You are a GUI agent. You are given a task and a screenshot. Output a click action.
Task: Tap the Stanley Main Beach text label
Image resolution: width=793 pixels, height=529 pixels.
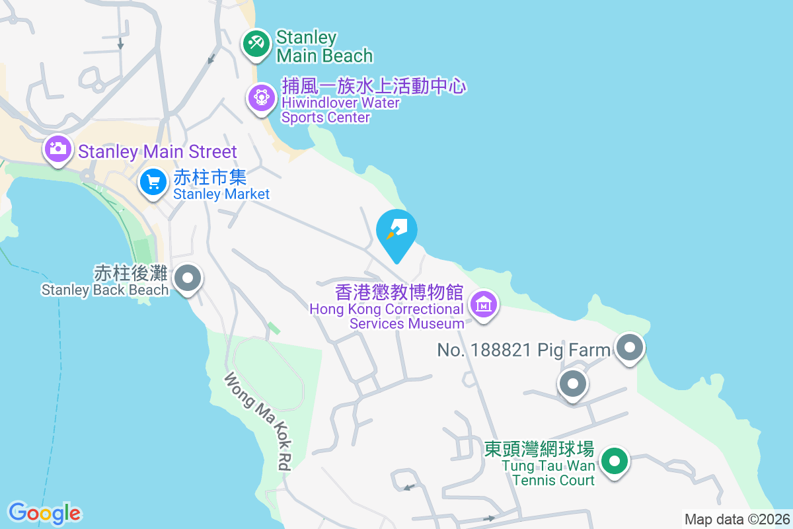pos(324,46)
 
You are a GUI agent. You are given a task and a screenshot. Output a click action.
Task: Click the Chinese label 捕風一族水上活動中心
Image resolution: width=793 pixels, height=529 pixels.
pos(374,86)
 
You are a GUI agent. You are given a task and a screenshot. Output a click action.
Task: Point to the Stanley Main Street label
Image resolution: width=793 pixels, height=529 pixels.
pos(157,151)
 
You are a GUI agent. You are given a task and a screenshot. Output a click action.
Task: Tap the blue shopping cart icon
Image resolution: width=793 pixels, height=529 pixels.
pos(153,181)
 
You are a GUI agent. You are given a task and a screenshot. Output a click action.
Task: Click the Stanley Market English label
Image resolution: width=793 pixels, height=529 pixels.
pos(221,194)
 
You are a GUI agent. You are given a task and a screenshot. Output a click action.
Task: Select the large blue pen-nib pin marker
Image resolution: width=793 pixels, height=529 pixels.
pos(397,231)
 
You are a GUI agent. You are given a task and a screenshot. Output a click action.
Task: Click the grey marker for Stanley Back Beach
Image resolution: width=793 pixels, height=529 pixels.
pos(188,278)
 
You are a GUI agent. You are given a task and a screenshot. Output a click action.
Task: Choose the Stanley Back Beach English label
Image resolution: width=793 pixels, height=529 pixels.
pos(105,290)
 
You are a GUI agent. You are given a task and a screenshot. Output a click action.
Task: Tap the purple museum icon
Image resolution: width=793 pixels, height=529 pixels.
pos(484,304)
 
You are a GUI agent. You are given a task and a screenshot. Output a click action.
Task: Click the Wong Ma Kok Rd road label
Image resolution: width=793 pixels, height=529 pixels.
pos(258,422)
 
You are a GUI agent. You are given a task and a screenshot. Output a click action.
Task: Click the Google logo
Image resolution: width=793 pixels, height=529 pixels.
pos(44,512)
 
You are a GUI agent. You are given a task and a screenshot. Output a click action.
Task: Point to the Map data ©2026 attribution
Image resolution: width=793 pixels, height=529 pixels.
pos(736,519)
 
